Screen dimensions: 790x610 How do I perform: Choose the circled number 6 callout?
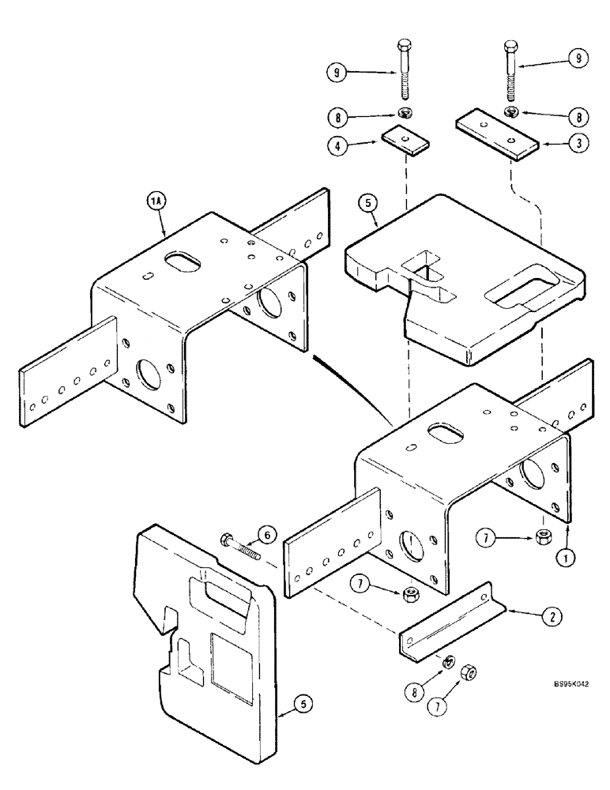pos(268,535)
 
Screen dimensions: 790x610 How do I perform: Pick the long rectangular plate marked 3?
pos(496,139)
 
